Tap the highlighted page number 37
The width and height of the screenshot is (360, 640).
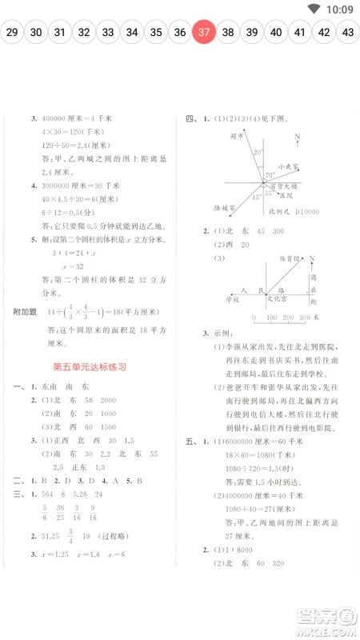point(204,33)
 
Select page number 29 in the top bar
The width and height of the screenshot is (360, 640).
point(12,33)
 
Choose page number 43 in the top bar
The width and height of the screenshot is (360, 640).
point(347,33)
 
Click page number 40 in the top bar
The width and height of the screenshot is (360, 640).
point(275,33)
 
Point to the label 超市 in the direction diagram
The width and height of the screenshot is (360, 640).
point(235,136)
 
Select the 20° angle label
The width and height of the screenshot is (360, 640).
point(258,151)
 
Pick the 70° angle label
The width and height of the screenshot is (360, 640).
point(270,174)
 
